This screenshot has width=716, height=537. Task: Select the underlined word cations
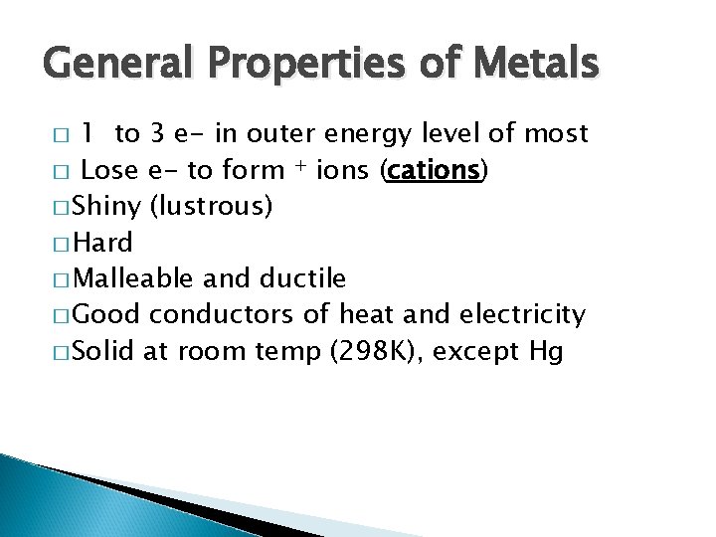click(x=435, y=170)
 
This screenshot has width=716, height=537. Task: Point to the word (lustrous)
click(x=211, y=207)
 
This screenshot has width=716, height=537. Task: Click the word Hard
click(x=103, y=243)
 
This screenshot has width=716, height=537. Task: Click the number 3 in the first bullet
click(x=157, y=133)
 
